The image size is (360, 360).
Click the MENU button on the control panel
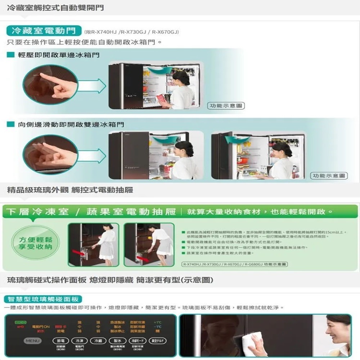(x=32, y=341)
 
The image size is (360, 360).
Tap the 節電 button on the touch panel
(x=60, y=341)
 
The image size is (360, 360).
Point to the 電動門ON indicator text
(x=41, y=327)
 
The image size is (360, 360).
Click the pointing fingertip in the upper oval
(x=42, y=76)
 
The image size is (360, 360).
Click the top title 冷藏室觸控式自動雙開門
(x=55, y=7)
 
